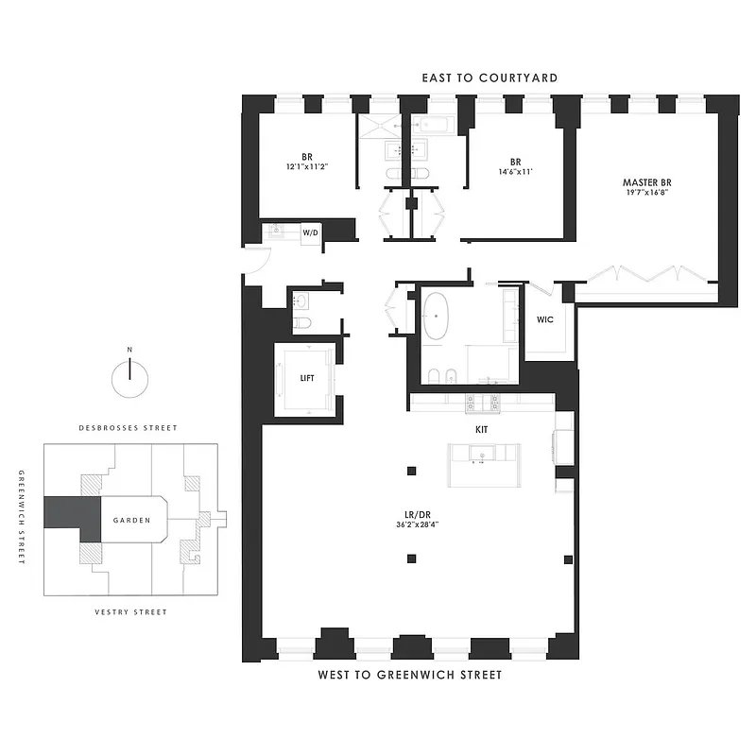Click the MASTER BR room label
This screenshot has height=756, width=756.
[646, 181]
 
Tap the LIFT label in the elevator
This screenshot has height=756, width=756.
[307, 377]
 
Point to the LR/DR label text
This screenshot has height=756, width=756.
[416, 515]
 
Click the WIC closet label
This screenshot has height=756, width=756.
[545, 319]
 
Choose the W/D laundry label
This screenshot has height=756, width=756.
[310, 232]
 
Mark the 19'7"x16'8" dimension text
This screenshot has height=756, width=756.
[646, 193]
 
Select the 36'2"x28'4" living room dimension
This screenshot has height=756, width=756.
[416, 526]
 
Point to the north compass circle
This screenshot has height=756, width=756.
[130, 380]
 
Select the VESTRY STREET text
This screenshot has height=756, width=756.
[130, 611]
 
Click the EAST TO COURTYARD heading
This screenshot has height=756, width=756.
[490, 77]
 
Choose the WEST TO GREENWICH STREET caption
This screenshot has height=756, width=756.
[409, 675]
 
